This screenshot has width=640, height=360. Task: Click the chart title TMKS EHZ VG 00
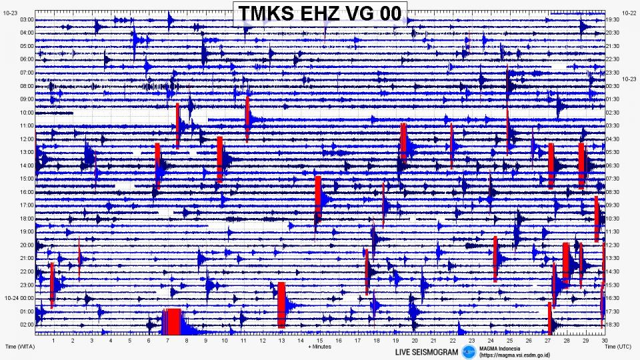(319, 13)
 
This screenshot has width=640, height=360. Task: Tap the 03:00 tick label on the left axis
(27, 20)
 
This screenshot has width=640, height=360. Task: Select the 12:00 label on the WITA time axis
(27, 139)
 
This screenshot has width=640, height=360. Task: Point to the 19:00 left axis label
(27, 231)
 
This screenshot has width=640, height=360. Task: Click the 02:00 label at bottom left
(27, 324)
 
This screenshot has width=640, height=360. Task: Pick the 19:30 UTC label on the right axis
(613, 20)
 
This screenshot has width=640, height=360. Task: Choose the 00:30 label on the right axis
(613, 86)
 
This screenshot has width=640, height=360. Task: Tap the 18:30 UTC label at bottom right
(613, 324)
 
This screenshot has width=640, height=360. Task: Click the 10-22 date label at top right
(629, 13)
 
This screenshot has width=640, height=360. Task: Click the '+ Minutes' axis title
(319, 347)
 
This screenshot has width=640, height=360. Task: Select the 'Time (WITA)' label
(19, 347)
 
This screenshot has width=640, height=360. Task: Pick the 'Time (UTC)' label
(619, 347)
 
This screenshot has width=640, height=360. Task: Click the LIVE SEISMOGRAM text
(426, 351)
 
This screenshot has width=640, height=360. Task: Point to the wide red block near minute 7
(173, 321)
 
